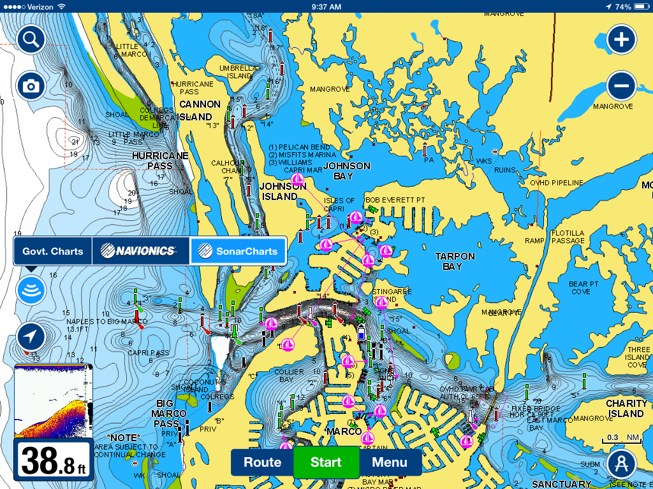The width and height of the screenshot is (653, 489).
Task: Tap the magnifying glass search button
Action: (x=31, y=40)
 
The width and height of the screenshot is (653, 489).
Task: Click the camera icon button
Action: (x=31, y=86)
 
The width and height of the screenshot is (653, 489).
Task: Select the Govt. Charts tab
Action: (x=53, y=251)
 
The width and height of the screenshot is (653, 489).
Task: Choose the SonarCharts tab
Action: (x=237, y=251)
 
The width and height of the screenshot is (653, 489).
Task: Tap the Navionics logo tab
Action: (x=141, y=251)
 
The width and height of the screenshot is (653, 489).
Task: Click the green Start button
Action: (x=326, y=462)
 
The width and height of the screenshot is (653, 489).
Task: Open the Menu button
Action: (x=390, y=462)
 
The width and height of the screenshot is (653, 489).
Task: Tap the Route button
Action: (x=262, y=462)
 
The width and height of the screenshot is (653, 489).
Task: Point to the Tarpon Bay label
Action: (x=455, y=261)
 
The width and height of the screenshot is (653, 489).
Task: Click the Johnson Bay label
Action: (x=347, y=171)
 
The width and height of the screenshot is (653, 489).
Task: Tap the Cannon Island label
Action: (x=200, y=111)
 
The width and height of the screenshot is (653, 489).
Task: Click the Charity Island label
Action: (x=626, y=408)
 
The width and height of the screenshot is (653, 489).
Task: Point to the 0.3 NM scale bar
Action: (x=621, y=439)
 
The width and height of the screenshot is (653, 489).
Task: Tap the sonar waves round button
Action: (x=31, y=290)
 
